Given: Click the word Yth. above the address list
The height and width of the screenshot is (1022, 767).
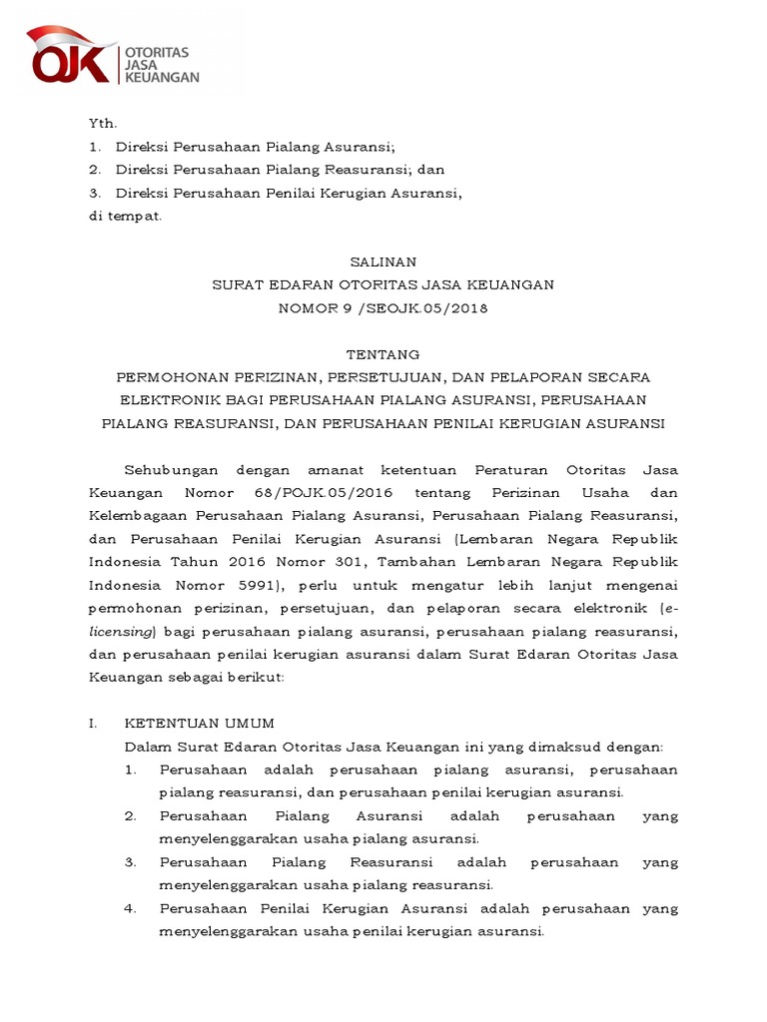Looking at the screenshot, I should point(103,124).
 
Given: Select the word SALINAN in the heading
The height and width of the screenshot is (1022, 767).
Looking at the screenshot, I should point(383,261).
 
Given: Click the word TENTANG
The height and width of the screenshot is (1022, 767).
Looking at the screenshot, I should point(383,354).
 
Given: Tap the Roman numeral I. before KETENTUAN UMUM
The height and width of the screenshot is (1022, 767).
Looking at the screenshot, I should point(93,723).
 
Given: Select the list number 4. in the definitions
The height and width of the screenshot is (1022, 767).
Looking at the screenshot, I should point(131,908).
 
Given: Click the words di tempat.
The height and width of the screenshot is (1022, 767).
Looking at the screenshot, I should point(125,216).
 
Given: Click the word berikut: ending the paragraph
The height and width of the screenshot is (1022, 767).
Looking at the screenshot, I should point(257,677).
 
